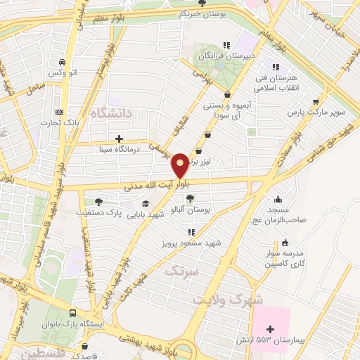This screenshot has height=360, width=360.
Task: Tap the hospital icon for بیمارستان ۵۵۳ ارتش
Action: pos(270,328)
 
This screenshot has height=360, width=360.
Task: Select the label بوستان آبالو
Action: pos(192,210)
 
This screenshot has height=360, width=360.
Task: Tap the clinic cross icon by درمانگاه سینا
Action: pos(120,138)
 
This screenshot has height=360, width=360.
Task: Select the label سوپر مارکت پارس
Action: pos(318,112)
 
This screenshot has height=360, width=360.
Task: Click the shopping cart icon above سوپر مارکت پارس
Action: pos(317,101)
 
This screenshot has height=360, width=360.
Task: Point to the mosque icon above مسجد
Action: pos(280,198)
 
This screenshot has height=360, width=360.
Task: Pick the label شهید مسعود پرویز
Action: pos(195,242)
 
